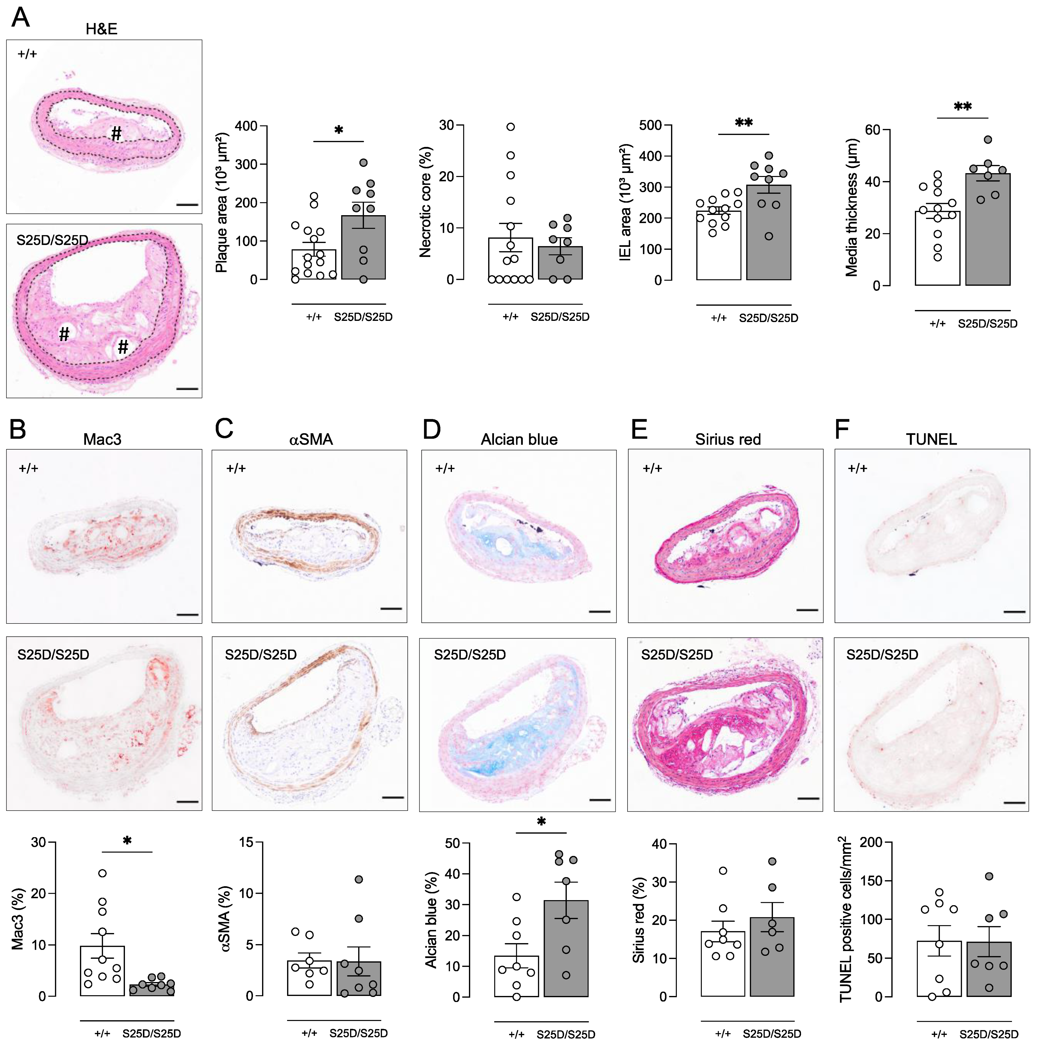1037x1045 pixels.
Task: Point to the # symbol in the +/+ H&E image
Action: [116, 134]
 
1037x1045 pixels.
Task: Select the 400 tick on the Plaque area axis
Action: [246, 126]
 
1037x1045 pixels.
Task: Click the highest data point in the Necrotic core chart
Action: [510, 127]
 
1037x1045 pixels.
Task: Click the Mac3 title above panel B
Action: [102, 439]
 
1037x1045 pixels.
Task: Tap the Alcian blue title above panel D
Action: [519, 439]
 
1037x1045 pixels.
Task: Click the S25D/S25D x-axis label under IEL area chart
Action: [768, 318]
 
